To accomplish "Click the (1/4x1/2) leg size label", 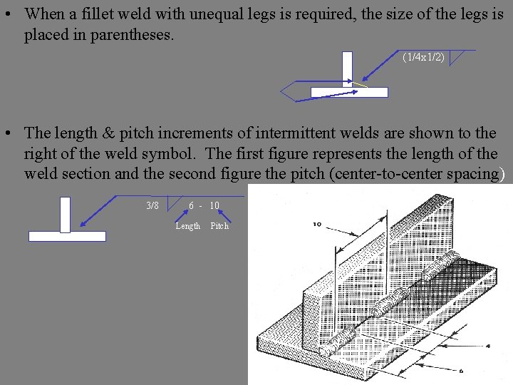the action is (423, 57).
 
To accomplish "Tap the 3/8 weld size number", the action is (152, 206).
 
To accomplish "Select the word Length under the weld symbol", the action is (188, 226).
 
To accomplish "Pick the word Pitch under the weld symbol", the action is (219, 226).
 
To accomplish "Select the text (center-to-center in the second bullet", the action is (382, 173).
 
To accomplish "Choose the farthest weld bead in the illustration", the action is (442, 268).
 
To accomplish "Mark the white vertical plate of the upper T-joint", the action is (347, 68).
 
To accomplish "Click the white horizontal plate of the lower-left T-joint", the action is (67, 236).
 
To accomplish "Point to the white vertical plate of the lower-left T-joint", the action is (65, 214).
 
